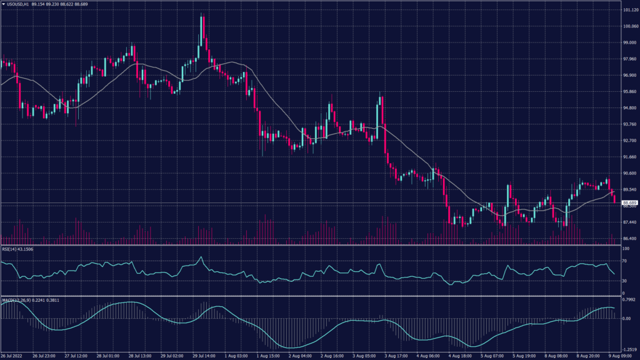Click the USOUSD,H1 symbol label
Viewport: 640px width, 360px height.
pos(19,5)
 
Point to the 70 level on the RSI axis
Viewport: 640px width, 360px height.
pos(624,261)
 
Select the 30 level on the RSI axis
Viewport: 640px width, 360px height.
pos(624,281)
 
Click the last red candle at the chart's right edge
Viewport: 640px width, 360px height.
pos(615,199)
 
